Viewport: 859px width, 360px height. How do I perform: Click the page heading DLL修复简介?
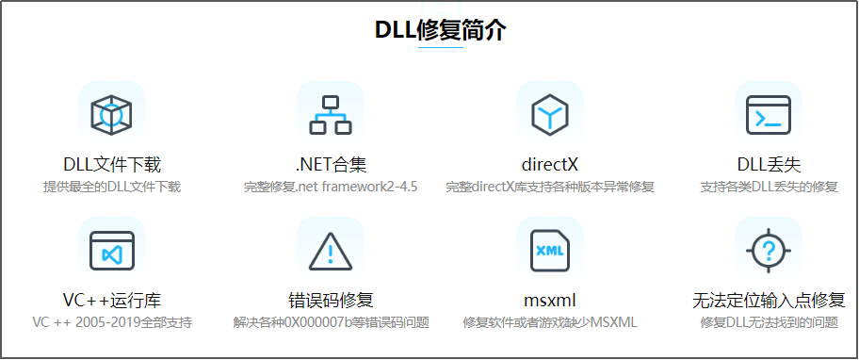(441, 30)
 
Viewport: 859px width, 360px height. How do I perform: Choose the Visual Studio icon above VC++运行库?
(112, 251)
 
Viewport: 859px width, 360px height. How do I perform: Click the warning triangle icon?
(330, 251)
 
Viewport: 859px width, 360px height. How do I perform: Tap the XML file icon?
(549, 251)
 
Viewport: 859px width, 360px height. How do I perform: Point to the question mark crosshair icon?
(769, 251)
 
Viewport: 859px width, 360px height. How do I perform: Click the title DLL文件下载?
(112, 166)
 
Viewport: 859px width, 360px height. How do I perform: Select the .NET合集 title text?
(330, 166)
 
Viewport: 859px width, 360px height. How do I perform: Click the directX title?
(549, 166)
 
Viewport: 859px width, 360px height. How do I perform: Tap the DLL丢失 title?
(769, 166)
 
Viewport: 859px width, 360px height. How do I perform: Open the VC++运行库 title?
(112, 302)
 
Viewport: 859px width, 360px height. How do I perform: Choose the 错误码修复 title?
(331, 302)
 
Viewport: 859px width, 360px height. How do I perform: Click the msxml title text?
(549, 302)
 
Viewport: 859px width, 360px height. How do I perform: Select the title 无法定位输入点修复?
(769, 302)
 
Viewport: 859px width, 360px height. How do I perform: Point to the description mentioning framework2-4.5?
(330, 187)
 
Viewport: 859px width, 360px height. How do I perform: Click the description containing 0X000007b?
(331, 322)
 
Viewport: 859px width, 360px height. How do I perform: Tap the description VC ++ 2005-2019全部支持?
(112, 322)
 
